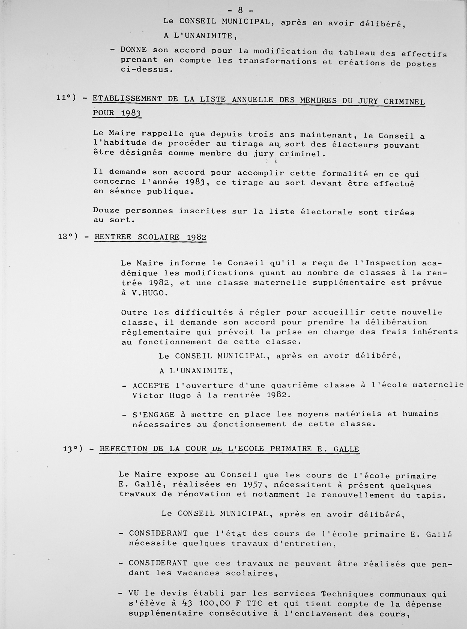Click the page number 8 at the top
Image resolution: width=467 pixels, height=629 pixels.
(x=241, y=10)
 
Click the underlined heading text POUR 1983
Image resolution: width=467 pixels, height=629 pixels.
(x=117, y=113)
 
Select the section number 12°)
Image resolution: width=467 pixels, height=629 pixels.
(x=68, y=236)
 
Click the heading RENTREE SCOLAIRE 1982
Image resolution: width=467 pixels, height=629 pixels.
(x=150, y=237)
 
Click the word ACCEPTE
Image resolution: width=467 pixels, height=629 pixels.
(x=151, y=386)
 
